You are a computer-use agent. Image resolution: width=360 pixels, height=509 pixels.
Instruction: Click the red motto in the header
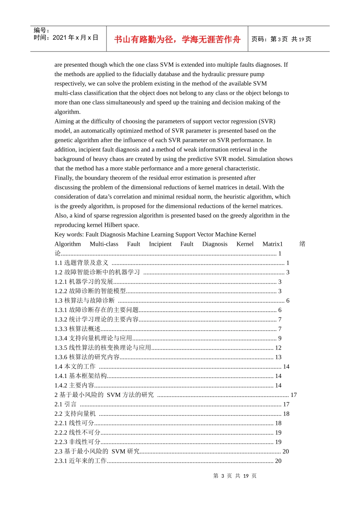click(177, 39)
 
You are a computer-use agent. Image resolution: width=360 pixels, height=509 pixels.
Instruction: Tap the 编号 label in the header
click(41, 30)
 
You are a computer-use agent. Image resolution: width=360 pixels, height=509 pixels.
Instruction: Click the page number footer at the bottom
click(235, 476)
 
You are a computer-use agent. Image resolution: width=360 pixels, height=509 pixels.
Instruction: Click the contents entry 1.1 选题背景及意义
click(81, 263)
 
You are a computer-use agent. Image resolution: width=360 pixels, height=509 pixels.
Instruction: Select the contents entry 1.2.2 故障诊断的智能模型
click(90, 291)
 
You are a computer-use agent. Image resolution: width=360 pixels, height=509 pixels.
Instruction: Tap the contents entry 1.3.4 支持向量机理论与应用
click(93, 338)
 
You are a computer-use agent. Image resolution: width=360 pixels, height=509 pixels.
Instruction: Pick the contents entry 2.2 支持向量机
click(75, 414)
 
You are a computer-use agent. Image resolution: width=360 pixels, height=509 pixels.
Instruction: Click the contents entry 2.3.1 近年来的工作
click(80, 461)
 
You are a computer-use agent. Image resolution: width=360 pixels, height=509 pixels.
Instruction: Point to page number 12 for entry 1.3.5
click(278, 348)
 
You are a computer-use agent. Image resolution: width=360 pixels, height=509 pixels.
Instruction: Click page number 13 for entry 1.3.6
click(278, 357)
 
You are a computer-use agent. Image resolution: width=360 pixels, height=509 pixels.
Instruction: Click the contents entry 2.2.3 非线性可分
click(77, 442)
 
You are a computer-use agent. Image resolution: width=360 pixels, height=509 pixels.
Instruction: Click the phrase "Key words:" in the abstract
click(69, 234)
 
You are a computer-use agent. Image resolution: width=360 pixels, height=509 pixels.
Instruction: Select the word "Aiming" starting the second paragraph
click(64, 121)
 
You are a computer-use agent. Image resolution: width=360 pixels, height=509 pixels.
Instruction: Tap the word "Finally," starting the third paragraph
click(64, 178)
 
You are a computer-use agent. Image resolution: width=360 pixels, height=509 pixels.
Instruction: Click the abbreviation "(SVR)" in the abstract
click(267, 121)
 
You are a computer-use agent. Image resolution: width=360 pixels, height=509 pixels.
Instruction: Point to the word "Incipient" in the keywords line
click(160, 244)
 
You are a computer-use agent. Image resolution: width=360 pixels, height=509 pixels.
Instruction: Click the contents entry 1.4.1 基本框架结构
click(80, 376)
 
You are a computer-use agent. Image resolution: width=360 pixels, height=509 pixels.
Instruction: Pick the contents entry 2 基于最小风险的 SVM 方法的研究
click(104, 395)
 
